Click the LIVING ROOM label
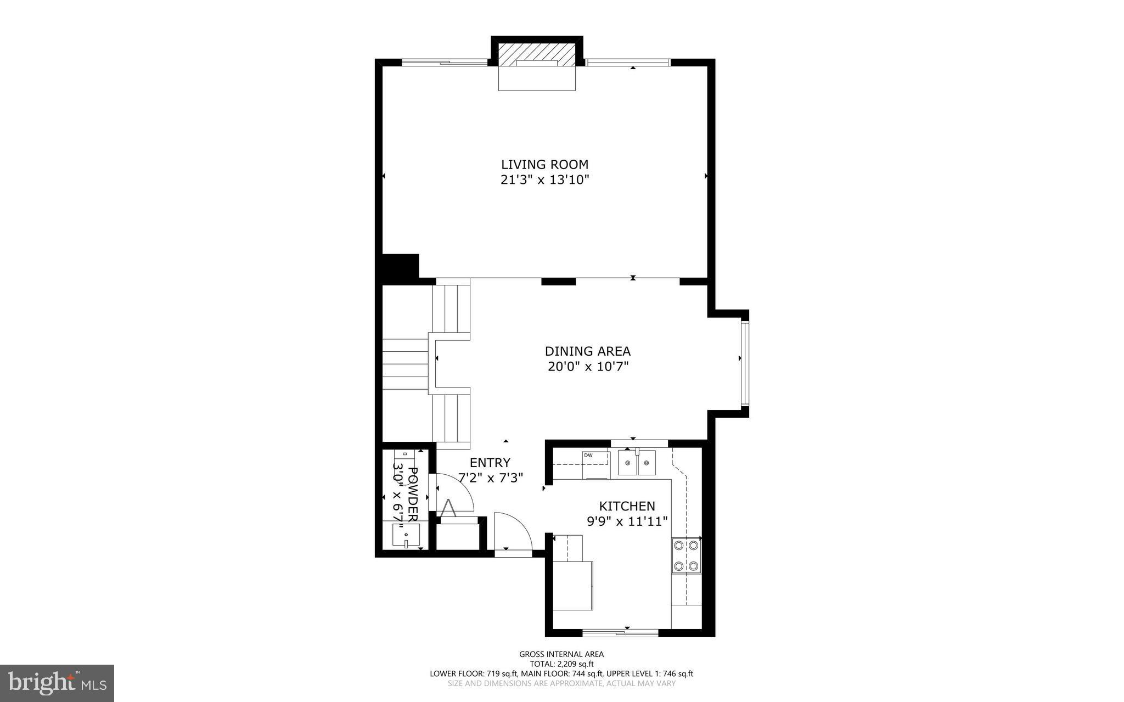click(544, 164)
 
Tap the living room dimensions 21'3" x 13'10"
click(544, 179)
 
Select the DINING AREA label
click(587, 351)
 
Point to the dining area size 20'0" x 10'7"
click(587, 366)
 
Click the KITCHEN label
click(627, 506)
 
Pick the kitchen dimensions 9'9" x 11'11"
click(627, 521)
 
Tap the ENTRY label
click(490, 463)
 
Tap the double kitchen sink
click(637, 462)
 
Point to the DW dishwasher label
click(588, 455)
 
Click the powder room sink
click(406, 535)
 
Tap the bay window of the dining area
click(745, 363)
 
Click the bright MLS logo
click(57, 683)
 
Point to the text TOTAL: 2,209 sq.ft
click(561, 664)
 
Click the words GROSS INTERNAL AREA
click(561, 654)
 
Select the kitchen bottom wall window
click(620, 632)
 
